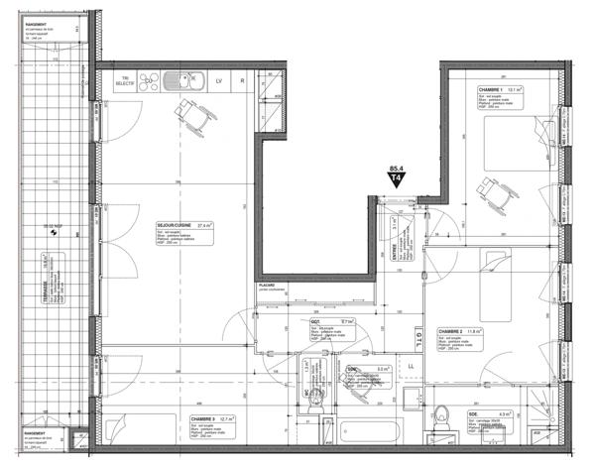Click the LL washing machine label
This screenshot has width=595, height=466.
point(411,368)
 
